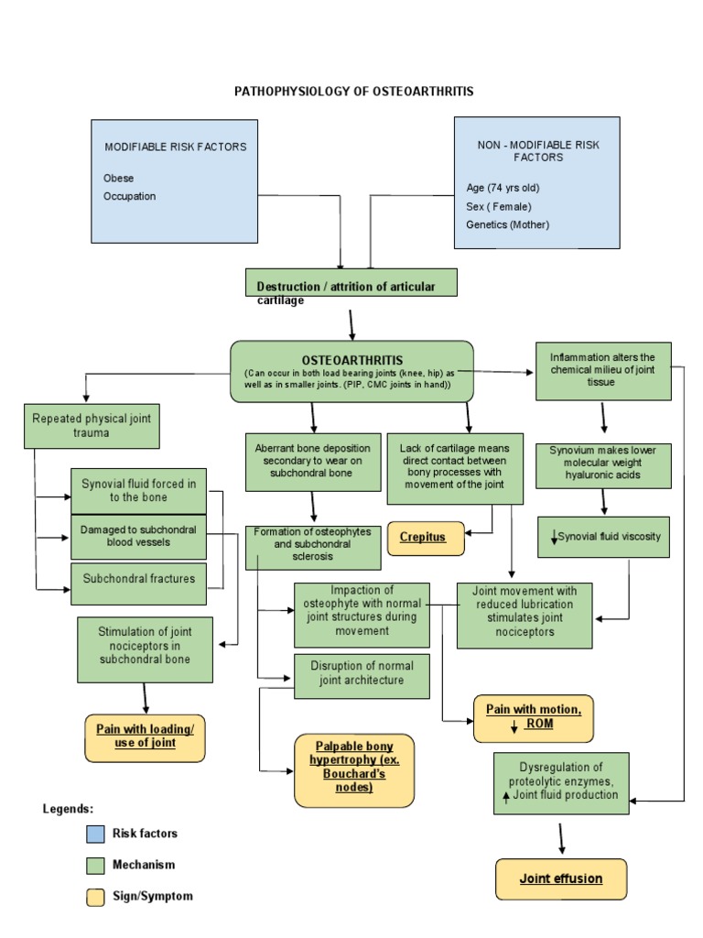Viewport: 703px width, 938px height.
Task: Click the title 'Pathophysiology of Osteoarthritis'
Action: coord(354,92)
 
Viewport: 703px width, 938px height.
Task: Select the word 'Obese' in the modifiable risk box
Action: coord(119,179)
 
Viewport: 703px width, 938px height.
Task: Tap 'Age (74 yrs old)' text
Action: coord(503,188)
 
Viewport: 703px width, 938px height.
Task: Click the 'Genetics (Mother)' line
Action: coord(508,224)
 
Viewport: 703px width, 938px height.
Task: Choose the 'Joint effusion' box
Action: coord(561,878)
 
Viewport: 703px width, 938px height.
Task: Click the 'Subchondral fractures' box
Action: coord(138,579)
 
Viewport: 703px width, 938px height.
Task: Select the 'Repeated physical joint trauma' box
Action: coord(92,425)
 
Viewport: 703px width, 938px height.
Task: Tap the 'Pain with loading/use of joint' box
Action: coord(145,736)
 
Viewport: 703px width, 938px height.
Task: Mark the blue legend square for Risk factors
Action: coord(95,834)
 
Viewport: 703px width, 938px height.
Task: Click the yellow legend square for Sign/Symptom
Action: coord(95,897)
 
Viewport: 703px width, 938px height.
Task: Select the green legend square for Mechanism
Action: coord(95,865)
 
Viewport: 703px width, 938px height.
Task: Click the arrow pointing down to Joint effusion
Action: coord(560,837)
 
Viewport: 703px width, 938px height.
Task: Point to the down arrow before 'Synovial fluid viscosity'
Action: coord(554,537)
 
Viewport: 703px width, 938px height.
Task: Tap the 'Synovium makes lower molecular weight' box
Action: coord(603,465)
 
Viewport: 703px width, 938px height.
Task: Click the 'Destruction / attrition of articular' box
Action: coord(351,283)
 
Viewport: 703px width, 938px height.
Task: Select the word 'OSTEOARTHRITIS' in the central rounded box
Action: coord(352,360)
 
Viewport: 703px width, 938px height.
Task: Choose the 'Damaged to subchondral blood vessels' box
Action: coord(138,536)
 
